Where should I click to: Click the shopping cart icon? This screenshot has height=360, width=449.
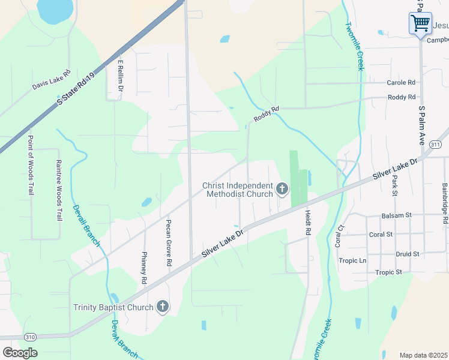420,23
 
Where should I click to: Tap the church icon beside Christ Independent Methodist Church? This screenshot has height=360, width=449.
282,190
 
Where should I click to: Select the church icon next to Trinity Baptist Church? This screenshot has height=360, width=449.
161,307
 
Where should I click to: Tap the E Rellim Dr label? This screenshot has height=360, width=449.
121,76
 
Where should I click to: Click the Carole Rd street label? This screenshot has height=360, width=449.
401,82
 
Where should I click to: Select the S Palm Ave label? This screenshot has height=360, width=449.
421,126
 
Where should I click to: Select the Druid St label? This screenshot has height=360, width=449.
408,254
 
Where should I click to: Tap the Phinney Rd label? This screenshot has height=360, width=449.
144,267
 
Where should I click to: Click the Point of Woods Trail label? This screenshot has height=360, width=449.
31,166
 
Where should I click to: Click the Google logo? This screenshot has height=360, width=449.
20,352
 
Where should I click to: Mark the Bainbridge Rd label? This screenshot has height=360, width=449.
445,204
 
